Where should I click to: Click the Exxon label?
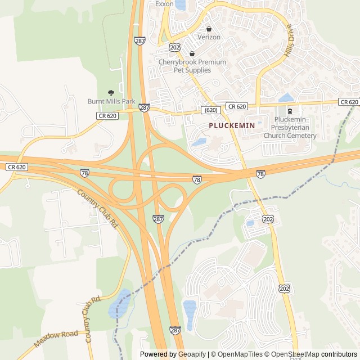[165, 3]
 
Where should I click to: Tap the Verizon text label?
[209, 37]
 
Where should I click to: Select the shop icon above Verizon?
[209, 29]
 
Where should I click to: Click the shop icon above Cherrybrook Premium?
[192, 53]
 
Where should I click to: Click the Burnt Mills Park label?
[111, 101]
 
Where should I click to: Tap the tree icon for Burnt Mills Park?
[111, 92]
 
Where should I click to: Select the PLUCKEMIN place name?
[232, 125]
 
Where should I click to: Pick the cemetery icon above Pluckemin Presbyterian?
[290, 111]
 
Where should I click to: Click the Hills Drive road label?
[290, 41]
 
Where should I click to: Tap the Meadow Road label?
[56, 339]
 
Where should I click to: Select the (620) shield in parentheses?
[211, 110]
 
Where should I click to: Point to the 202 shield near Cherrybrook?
[174, 47]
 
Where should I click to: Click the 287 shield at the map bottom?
[175, 330]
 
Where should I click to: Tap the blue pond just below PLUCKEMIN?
[199, 142]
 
